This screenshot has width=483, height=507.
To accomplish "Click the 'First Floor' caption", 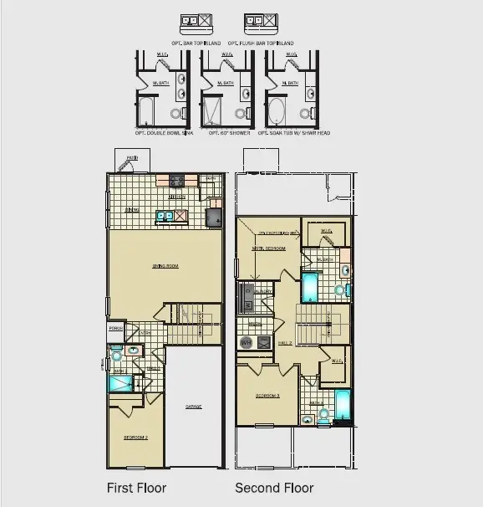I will click(x=136, y=488).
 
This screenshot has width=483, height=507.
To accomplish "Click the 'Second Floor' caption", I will click(x=274, y=488).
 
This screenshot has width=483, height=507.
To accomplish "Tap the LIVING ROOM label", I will click(x=165, y=267).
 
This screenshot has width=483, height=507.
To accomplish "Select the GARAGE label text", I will click(x=194, y=407).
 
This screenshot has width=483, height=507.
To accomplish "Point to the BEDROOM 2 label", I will click(x=135, y=438).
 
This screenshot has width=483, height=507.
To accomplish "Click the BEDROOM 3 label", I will click(x=267, y=396).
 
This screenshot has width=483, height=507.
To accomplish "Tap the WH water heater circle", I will click(x=246, y=343).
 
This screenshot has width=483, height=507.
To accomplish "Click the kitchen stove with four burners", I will click(x=177, y=181).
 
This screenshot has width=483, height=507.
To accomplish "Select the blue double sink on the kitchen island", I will click(x=164, y=217).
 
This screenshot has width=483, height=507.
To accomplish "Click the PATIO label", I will click(x=132, y=158).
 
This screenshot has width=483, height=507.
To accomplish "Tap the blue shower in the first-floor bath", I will click(x=120, y=383).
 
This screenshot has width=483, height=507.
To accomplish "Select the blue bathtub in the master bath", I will click(x=309, y=287).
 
